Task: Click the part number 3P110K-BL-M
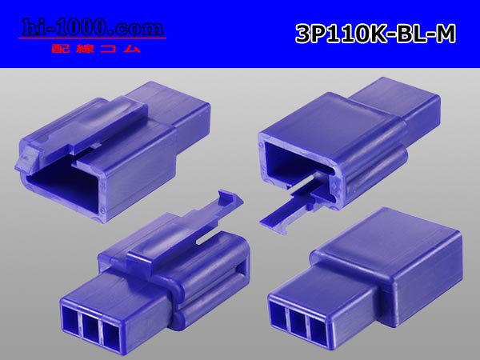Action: (376, 34)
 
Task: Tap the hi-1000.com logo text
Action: (93, 28)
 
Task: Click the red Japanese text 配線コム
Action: (96, 48)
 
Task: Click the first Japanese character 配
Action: (58, 48)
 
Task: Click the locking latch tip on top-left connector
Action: (25, 158)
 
